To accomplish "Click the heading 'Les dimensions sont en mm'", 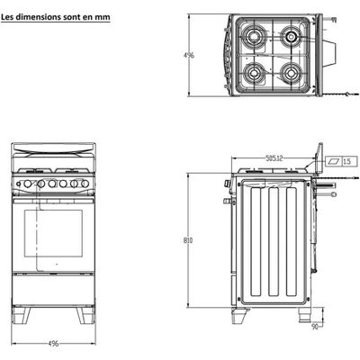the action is pos(56,17).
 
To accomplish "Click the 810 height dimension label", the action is pos(188,240).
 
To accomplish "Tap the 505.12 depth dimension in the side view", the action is pos(274,157).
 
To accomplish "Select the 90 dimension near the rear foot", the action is pos(314,327).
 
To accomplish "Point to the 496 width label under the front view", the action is pos(53,344).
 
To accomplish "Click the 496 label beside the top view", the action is pos(189,55).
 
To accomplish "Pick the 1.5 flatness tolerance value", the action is pos(346,162).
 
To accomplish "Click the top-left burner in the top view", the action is pos(255,37).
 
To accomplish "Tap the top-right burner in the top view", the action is pos(291,37).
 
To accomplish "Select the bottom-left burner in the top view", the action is pos(255,73).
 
